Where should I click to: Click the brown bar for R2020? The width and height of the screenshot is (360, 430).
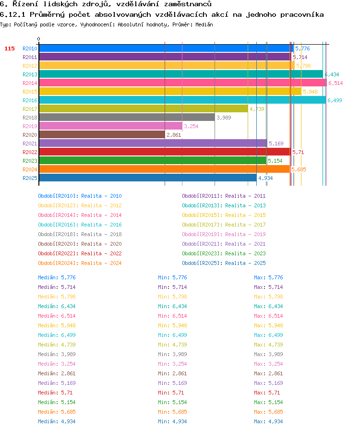click(x=102, y=135)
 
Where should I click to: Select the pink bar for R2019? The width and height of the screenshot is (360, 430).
click(x=110, y=126)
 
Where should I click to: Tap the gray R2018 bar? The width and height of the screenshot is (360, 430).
click(x=127, y=118)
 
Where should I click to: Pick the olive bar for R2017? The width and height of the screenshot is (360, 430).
click(x=144, y=109)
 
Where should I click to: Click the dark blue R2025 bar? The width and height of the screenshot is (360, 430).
click(x=148, y=178)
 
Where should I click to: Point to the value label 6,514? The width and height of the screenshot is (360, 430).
click(x=336, y=83)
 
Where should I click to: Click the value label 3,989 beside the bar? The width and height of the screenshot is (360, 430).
click(x=224, y=118)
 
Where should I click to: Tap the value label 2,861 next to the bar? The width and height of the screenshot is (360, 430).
click(x=174, y=135)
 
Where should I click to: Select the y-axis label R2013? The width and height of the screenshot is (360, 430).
click(x=30, y=74)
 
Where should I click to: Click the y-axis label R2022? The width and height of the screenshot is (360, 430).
click(x=30, y=152)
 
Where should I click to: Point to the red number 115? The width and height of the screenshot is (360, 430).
click(x=10, y=48)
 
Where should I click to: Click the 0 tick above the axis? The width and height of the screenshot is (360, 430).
click(x=39, y=39)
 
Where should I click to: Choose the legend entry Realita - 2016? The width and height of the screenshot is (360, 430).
click(x=102, y=225)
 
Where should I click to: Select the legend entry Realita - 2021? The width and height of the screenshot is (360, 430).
click(x=245, y=244)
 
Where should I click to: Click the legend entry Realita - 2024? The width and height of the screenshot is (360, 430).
click(x=102, y=263)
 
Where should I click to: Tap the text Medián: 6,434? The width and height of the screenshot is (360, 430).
click(x=57, y=306)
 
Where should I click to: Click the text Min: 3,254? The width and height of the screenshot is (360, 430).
click(x=172, y=364)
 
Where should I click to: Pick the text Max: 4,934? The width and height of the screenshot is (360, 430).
click(x=268, y=421)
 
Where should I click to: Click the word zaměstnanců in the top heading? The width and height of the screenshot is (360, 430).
click(x=188, y=4)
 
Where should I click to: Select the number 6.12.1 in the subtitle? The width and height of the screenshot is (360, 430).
click(x=12, y=14)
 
